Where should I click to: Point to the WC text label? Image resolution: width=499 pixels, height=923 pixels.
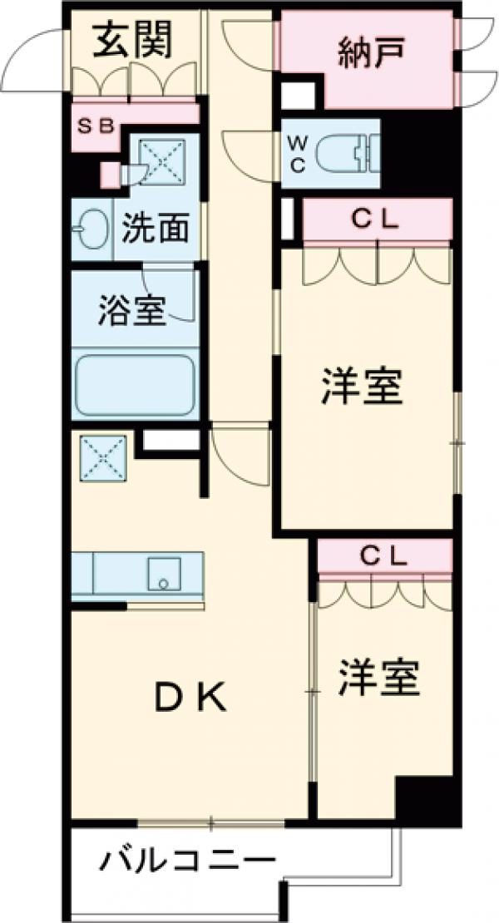pyautogui.click(x=297, y=153)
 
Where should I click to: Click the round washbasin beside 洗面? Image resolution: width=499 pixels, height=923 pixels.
pyautogui.click(x=86, y=228)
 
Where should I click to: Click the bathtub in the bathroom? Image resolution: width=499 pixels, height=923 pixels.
pyautogui.click(x=135, y=387)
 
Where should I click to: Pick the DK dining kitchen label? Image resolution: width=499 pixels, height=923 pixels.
pyautogui.click(x=191, y=700)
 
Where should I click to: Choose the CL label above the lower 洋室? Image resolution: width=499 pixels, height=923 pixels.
pyautogui.click(x=383, y=557)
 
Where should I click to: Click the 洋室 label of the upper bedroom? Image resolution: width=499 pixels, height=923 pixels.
pyautogui.click(x=363, y=387)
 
